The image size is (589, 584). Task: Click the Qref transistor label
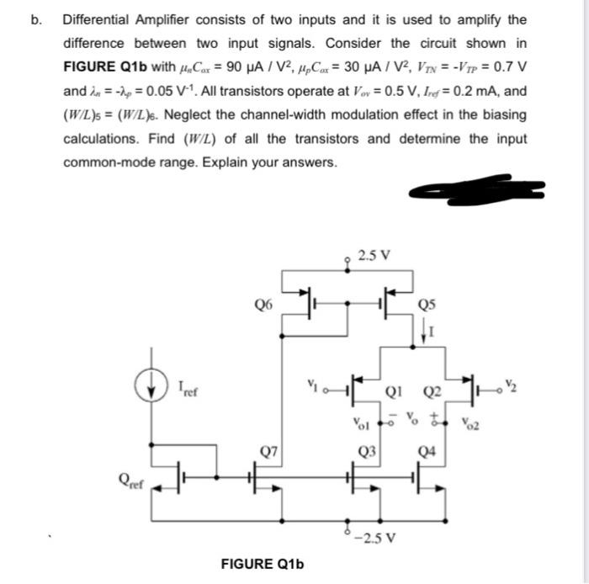[132, 484]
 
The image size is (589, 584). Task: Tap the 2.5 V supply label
[373, 255]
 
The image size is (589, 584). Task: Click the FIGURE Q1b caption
[260, 563]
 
